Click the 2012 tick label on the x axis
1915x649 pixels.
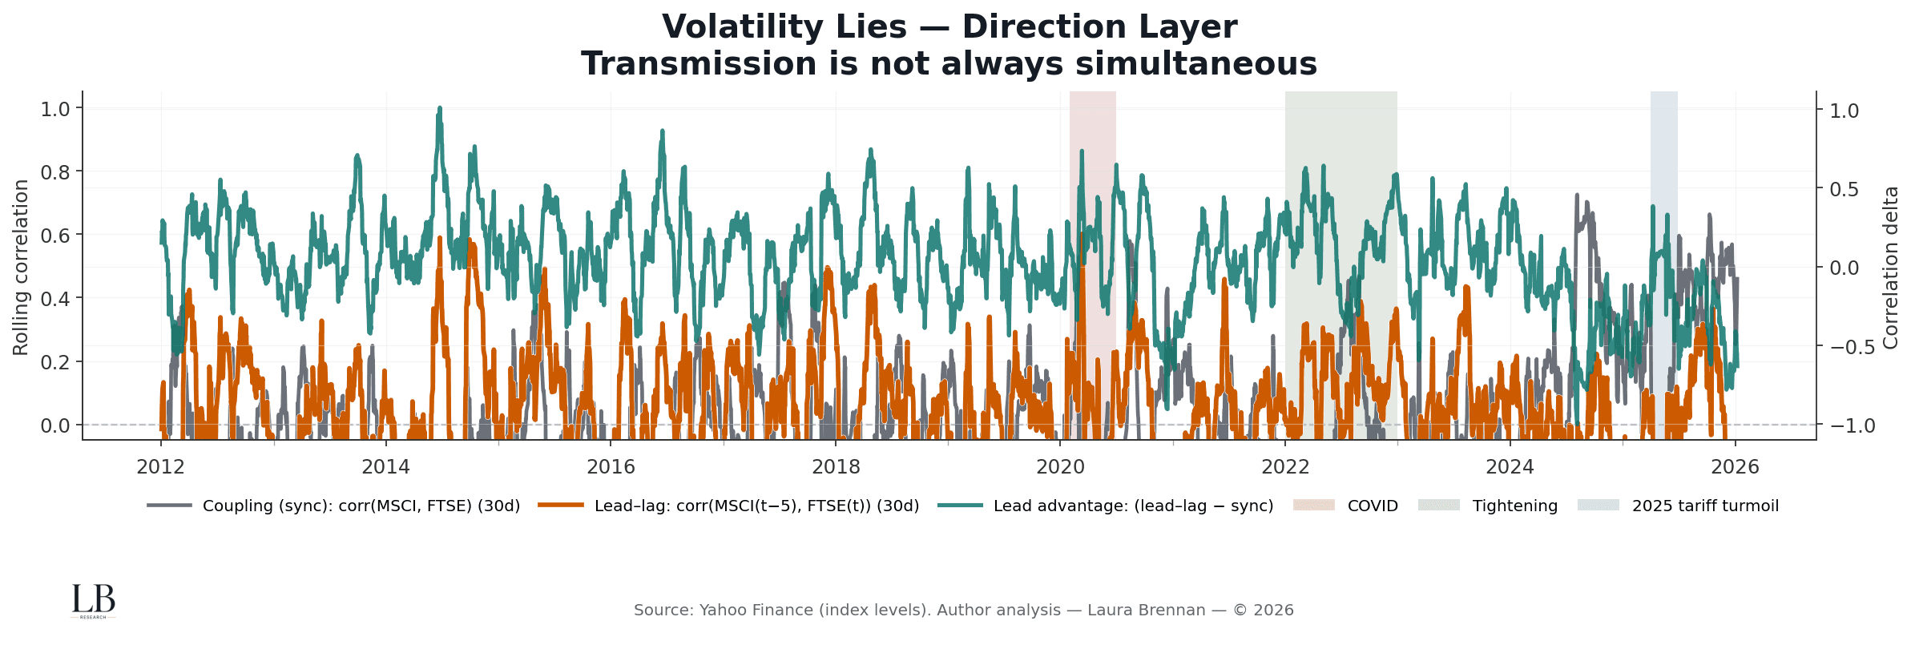pyautogui.click(x=161, y=467)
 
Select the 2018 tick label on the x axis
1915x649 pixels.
pyautogui.click(x=836, y=467)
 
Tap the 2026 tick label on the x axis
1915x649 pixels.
pyautogui.click(x=1735, y=467)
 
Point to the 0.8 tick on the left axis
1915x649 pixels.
pyautogui.click(x=55, y=171)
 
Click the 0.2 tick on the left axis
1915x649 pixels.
pyautogui.click(x=55, y=361)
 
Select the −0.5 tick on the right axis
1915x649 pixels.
pyautogui.click(x=1852, y=347)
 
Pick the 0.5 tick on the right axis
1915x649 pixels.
pyautogui.click(x=1844, y=189)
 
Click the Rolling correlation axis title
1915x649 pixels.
pyautogui.click(x=21, y=267)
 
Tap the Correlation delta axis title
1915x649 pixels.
pyautogui.click(x=1891, y=267)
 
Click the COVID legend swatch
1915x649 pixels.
pyautogui.click(x=1314, y=506)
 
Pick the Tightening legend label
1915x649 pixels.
pyautogui.click(x=1514, y=506)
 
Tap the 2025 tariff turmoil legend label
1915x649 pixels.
pyautogui.click(x=1705, y=506)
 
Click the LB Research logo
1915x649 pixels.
pyautogui.click(x=93, y=601)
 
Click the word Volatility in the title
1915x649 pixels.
pyautogui.click(x=784, y=27)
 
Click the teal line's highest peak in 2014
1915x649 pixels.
pyautogui.click(x=439, y=107)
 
